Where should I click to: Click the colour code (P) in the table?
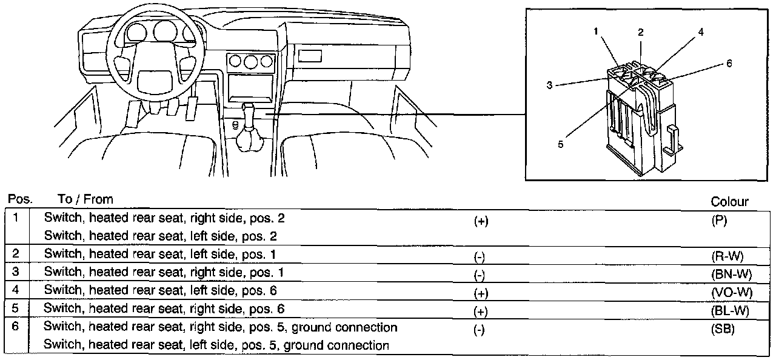(x=720, y=221)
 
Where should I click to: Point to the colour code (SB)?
(x=724, y=329)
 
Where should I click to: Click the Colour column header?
(x=729, y=202)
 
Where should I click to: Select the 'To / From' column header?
(x=85, y=199)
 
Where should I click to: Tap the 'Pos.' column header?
(x=19, y=199)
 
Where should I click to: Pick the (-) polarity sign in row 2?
(x=479, y=256)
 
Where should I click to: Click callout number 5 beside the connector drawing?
(x=561, y=144)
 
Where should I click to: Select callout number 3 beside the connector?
(x=549, y=85)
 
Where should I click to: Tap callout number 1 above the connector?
(x=597, y=32)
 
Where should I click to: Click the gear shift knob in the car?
(x=249, y=113)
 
